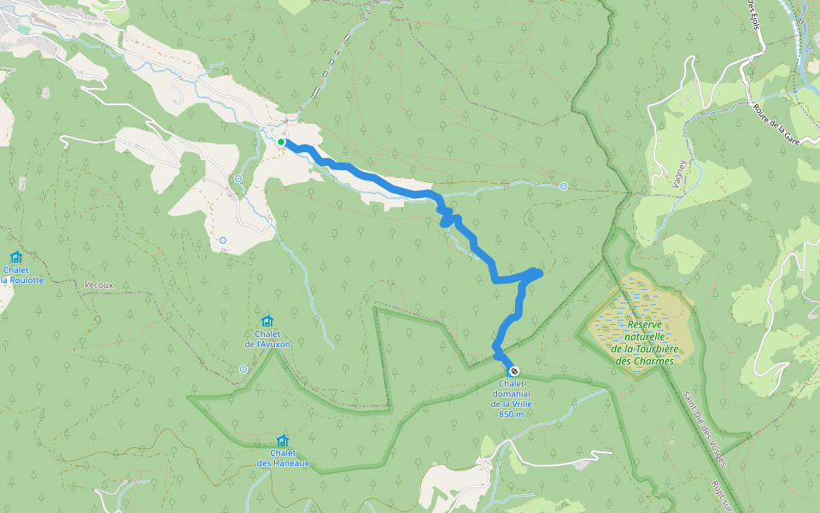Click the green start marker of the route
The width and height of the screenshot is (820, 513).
[281, 142]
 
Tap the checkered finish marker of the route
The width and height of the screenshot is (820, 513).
[513, 371]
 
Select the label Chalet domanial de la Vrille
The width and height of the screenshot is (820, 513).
[511, 393]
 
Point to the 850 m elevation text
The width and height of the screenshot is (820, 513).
[511, 415]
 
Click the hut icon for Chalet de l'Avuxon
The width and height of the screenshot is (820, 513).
[267, 321]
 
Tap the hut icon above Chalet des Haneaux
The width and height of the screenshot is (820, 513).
[282, 440]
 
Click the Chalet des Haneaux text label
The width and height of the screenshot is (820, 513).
[282, 458]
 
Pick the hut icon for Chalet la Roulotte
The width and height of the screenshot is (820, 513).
[15, 256]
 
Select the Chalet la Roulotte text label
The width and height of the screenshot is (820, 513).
[21, 274]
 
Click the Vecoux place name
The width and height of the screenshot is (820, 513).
[99, 285]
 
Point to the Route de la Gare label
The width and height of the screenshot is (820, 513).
[776, 123]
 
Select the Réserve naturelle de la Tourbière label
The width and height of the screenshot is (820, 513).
[644, 342]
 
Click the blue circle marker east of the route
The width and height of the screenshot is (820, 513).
[564, 186]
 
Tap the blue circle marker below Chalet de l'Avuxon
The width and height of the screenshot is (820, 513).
[243, 369]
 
